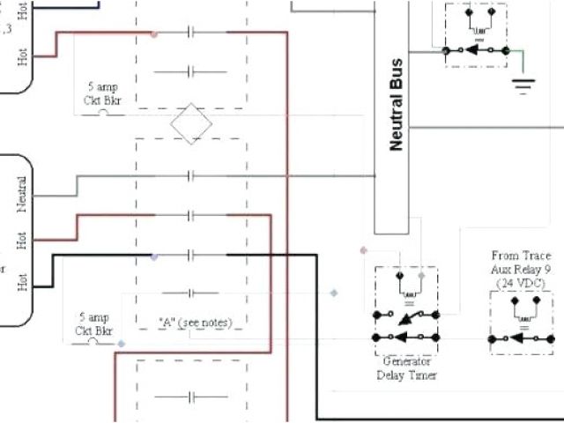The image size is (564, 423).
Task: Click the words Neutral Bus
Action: tap(396, 105)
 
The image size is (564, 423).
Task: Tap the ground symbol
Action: tap(525, 85)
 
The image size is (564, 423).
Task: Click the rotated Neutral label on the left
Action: tap(22, 194)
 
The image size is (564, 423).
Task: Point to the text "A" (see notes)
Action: tap(195, 323)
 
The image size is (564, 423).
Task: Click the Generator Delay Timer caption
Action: tap(406, 368)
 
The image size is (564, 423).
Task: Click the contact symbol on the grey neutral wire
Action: tap(190, 176)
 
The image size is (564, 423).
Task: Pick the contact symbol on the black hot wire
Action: tap(190, 256)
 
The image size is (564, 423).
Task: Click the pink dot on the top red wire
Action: tap(154, 35)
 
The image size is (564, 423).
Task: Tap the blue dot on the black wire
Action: tap(155, 256)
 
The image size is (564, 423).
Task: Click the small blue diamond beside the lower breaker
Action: tap(122, 343)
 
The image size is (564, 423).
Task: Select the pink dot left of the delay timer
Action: tap(363, 250)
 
